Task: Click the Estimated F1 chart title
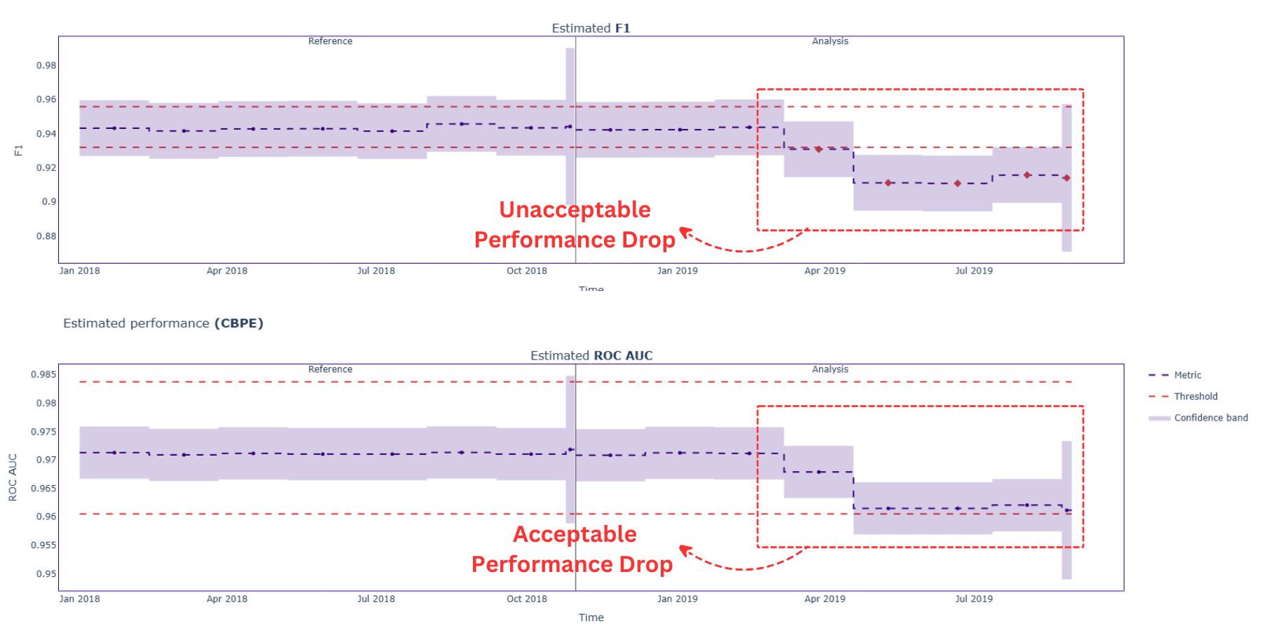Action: click(x=591, y=28)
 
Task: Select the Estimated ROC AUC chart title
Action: click(x=591, y=355)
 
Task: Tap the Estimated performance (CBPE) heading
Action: click(x=163, y=323)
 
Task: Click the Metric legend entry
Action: click(x=1187, y=375)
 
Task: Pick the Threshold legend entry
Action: click(x=1195, y=396)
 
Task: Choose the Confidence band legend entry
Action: click(x=1210, y=418)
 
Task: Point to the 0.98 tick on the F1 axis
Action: click(x=46, y=65)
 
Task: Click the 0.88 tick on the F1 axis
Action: click(x=46, y=236)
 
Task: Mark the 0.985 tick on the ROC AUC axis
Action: click(x=43, y=374)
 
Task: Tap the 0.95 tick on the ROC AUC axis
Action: click(x=46, y=573)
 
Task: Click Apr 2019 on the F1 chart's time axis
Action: click(x=825, y=271)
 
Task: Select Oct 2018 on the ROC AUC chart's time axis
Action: click(x=526, y=599)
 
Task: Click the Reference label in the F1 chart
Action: click(x=330, y=41)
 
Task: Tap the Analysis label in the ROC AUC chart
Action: click(x=830, y=369)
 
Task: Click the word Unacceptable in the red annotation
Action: click(x=575, y=210)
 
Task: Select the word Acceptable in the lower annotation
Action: click(x=575, y=534)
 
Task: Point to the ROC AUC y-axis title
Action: click(x=13, y=477)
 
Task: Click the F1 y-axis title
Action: click(x=18, y=150)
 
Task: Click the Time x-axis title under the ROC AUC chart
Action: click(x=591, y=618)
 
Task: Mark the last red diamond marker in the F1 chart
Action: click(x=1066, y=178)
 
